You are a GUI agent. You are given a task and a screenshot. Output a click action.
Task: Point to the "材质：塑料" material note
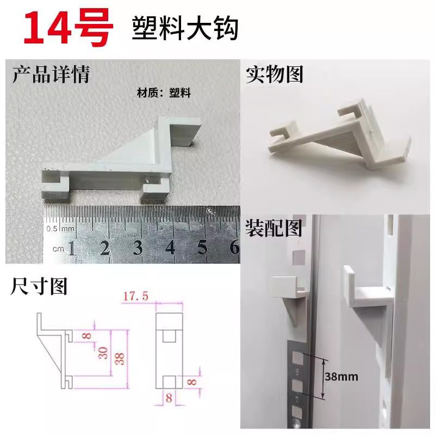click(x=163, y=93)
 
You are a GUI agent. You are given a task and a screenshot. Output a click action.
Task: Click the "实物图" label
click(x=275, y=74)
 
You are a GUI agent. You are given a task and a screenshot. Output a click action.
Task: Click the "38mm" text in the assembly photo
click(x=344, y=376)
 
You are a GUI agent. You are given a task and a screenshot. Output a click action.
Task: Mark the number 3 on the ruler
click(x=138, y=247)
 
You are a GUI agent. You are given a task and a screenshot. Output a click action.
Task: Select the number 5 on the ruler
click(x=203, y=247)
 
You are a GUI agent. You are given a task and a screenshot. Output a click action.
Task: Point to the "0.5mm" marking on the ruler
click(x=59, y=228)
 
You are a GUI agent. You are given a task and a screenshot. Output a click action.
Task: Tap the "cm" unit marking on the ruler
click(x=58, y=248)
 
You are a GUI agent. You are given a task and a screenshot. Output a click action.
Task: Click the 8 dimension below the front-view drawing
click(x=168, y=397)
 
